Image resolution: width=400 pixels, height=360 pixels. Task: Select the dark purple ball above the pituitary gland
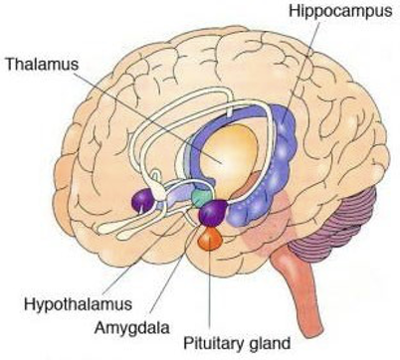pyautogui.click(x=215, y=212)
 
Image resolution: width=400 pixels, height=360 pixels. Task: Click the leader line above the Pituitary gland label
pyautogui.click(x=210, y=283)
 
